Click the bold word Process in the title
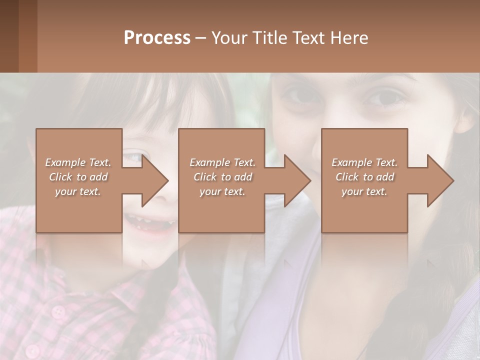157,38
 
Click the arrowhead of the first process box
155,180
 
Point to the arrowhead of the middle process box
298,180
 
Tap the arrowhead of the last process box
441,180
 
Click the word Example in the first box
65,162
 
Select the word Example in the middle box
209,162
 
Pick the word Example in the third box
351,162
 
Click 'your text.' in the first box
78,191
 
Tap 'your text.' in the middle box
222,191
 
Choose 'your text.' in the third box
364,191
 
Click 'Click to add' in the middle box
222,177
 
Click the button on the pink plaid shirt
58,312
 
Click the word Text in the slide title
308,38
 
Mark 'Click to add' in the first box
78,177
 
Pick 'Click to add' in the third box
365,177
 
